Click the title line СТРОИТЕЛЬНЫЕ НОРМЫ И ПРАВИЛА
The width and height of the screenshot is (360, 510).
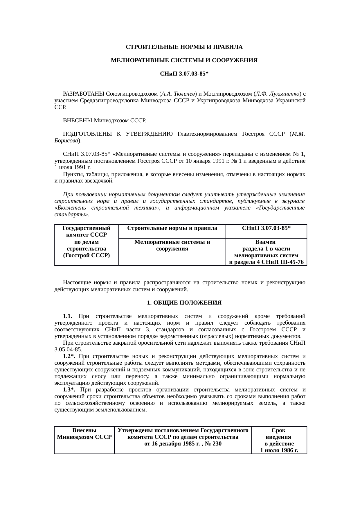click(184, 47)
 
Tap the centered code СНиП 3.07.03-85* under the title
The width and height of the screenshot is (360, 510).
click(184, 74)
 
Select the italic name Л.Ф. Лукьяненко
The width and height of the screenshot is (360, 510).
click(277, 94)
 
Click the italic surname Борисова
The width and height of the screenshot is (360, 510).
click(67, 141)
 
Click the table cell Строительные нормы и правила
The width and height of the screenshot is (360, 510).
click(172, 228)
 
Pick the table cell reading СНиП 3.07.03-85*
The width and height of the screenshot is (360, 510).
click(266, 228)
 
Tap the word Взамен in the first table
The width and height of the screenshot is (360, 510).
click(266, 242)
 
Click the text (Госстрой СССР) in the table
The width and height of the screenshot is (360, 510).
click(86, 255)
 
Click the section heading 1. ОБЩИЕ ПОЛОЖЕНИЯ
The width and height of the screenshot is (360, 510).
click(184, 303)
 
